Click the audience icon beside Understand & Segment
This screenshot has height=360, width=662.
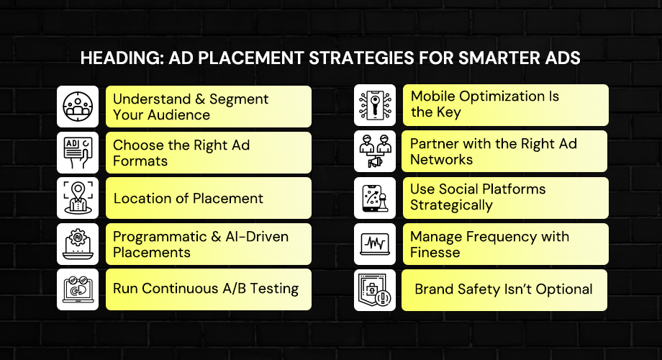[x=78, y=107]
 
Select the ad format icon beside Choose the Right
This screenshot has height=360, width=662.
[x=78, y=152]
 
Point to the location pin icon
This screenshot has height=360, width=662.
[x=78, y=198]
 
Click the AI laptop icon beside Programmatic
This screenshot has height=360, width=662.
[x=78, y=243]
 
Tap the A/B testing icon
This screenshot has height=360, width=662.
[x=78, y=289]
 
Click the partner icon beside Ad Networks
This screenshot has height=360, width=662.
[x=375, y=152]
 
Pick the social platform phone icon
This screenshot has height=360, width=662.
[x=375, y=198]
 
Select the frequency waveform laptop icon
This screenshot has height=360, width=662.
[x=375, y=243]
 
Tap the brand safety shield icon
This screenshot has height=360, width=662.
[x=375, y=289]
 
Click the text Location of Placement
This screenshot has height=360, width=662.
[x=188, y=198]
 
